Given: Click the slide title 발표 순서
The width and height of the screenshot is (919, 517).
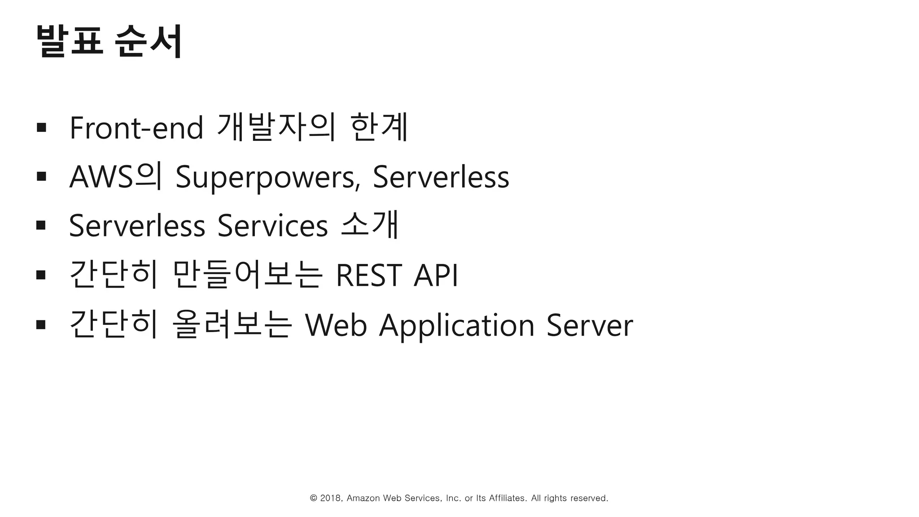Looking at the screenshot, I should click(109, 41).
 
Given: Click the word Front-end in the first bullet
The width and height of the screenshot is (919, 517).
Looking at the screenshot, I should click(136, 128).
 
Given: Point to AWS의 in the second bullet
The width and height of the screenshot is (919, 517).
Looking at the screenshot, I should click(115, 176).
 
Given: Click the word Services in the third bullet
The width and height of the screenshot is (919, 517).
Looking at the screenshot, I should click(272, 226).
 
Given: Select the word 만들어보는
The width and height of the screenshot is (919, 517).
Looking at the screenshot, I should click(247, 275).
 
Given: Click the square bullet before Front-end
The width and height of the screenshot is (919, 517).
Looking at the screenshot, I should click(41, 127).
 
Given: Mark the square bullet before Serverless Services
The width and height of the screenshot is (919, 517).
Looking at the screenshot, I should click(41, 225).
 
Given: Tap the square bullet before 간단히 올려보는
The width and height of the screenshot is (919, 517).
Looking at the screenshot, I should click(41, 324).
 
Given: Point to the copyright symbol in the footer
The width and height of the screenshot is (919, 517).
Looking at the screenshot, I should click(314, 498).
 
